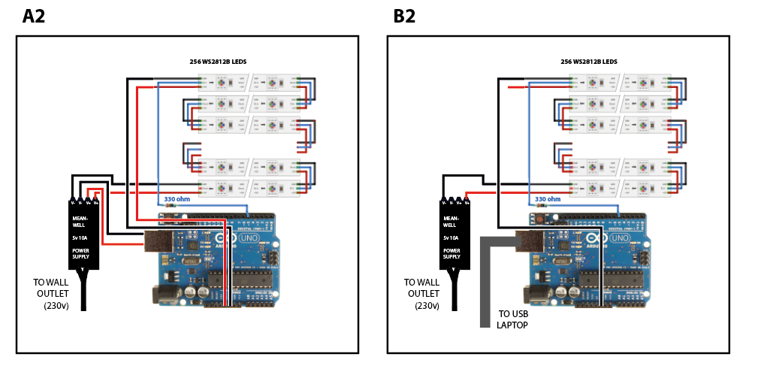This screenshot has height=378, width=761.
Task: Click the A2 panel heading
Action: (x=34, y=17)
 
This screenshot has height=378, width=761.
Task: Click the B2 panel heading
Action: (x=404, y=17)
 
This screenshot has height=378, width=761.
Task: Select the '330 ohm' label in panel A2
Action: (x=179, y=199)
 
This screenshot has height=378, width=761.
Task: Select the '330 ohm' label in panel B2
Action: (x=548, y=199)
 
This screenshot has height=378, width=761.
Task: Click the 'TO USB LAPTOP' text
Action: (x=512, y=319)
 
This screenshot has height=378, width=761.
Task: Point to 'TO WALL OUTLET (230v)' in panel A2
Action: (x=51, y=294)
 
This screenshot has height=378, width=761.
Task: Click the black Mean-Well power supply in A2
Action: (x=83, y=236)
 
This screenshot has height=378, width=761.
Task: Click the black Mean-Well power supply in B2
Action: (x=454, y=236)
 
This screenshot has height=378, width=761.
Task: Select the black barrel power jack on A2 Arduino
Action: (x=169, y=293)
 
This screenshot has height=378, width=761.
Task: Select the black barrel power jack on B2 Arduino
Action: (x=540, y=293)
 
